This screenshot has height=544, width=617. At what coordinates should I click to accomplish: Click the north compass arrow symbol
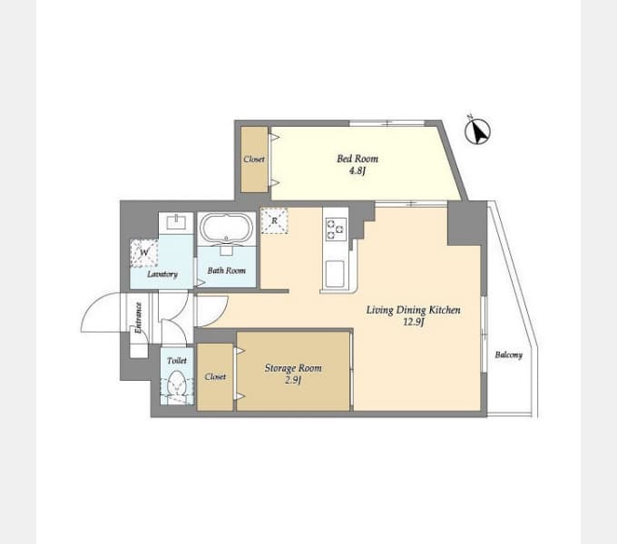click(x=477, y=131)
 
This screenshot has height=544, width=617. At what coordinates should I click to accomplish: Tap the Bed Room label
click(x=357, y=159)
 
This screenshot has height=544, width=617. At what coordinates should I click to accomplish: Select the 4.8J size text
click(x=357, y=171)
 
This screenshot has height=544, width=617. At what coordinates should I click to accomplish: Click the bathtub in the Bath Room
click(x=226, y=228)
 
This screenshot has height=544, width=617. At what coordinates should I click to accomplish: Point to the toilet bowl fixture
click(x=176, y=383)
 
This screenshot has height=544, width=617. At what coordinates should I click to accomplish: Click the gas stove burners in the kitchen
click(x=335, y=228)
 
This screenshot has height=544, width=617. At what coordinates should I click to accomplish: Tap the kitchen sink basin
click(x=335, y=274)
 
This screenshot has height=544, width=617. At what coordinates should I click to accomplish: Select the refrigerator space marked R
click(x=274, y=221)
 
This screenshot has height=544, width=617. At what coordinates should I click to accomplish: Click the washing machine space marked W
click(x=144, y=253)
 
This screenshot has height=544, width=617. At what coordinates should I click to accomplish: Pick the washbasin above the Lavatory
click(x=176, y=223)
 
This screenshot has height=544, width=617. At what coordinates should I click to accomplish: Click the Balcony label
click(x=508, y=355)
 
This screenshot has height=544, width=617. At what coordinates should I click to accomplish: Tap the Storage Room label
click(x=293, y=368)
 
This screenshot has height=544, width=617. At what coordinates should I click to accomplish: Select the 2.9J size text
click(x=293, y=381)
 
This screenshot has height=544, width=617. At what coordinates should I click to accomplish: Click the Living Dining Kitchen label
click(x=413, y=310)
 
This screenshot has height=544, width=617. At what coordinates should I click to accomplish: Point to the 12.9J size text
click(x=413, y=322)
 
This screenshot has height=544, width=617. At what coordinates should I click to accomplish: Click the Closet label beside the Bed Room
click(x=254, y=160)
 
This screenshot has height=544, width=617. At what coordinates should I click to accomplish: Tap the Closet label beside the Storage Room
click(x=215, y=376)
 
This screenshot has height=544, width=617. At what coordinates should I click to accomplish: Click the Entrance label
click(x=138, y=318)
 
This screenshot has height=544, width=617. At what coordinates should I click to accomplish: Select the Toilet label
click(x=177, y=361)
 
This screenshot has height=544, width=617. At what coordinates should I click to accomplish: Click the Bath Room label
click(x=227, y=270)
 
